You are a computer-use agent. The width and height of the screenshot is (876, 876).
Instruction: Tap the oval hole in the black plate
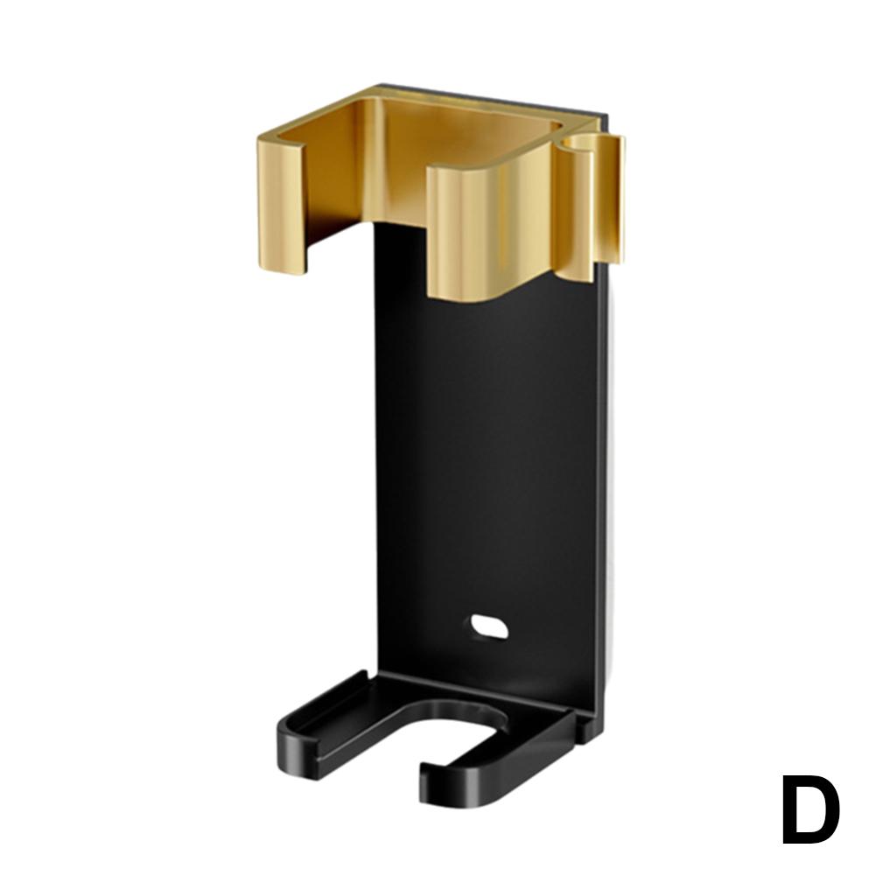pos(488,626)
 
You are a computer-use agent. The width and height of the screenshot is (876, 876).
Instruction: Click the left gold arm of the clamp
pos(280,206)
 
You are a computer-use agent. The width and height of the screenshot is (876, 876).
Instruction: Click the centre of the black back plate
pos(486,438)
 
